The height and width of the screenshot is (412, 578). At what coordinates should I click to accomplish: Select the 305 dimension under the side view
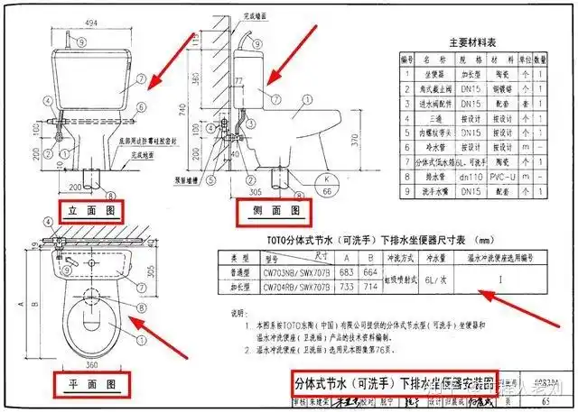pos(256,192)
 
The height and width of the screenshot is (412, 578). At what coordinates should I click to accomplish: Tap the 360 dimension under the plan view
pos(90,367)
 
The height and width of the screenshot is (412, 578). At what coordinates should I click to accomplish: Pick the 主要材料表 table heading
pos(475,41)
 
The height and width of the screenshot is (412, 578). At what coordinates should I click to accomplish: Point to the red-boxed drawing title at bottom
pos(395,382)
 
